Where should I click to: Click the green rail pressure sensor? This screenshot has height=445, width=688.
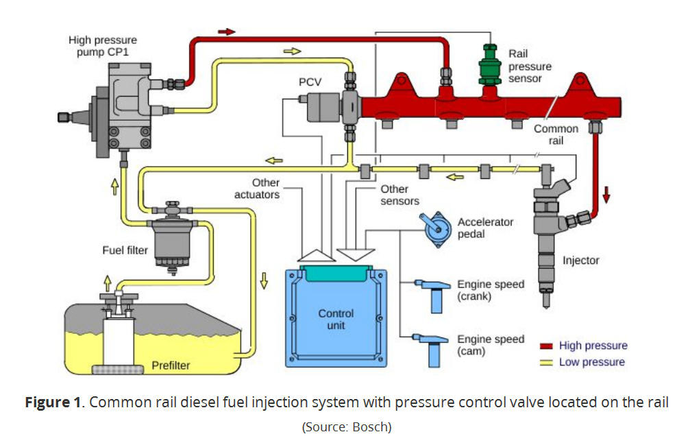[489, 66]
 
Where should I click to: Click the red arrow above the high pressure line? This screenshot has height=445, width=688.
[226, 32]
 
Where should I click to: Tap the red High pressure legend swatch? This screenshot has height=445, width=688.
[546, 346]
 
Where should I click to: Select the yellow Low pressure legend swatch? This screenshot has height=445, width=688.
[546, 362]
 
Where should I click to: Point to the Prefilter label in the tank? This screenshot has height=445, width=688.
[171, 365]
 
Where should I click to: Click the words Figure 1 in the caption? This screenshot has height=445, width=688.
[52, 402]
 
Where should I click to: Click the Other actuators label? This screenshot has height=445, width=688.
[257, 189]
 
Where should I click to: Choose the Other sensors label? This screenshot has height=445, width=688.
[400, 195]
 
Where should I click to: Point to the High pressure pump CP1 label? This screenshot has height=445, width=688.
[98, 47]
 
